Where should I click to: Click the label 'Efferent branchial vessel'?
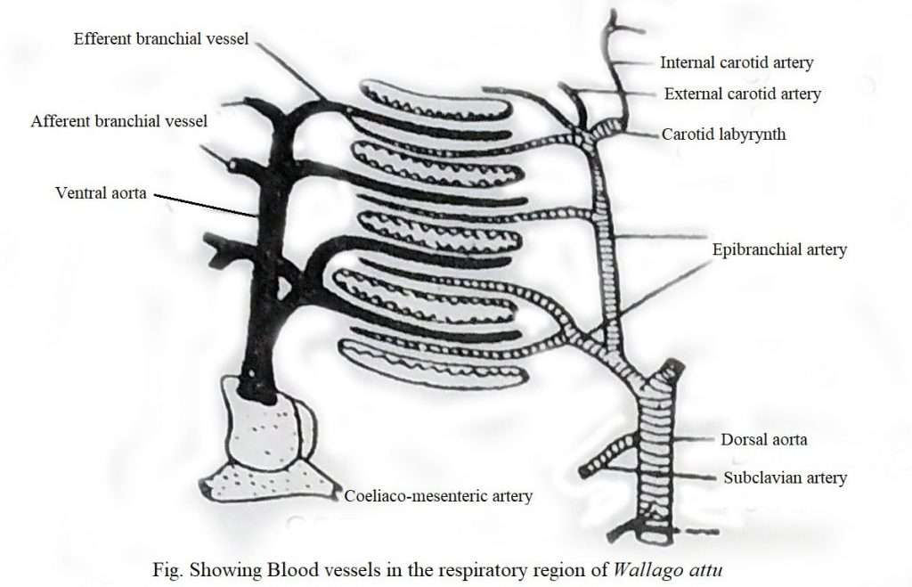[161, 38]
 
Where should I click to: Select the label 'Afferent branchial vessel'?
[118, 120]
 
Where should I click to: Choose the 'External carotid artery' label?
[742, 94]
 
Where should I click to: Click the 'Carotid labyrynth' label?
[723, 135]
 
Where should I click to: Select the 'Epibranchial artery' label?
[779, 249]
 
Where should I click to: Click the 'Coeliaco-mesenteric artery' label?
[438, 496]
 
